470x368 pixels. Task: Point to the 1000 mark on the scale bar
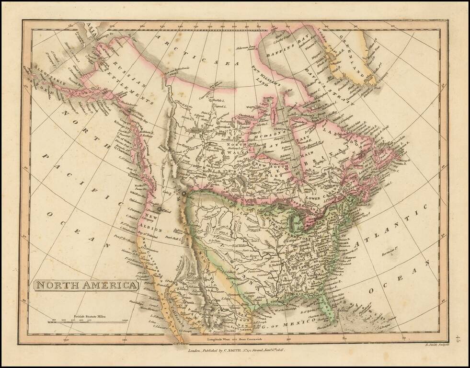126,320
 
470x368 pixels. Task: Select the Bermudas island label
391,249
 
